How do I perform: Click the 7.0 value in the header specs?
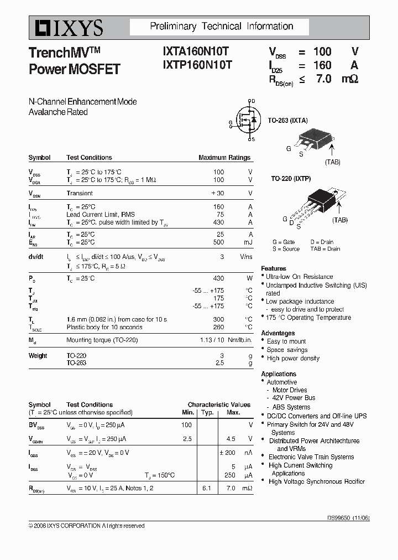pyautogui.click(x=323, y=79)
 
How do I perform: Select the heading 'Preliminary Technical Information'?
pyautogui.click(x=222, y=27)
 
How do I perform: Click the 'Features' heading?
pyautogui.click(x=274, y=268)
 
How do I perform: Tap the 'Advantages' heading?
pyautogui.click(x=277, y=333)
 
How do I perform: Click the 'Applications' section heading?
pyautogui.click(x=279, y=374)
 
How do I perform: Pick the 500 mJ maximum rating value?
pyautogui.click(x=218, y=242)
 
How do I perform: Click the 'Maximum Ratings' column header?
pyautogui.click(x=224, y=158)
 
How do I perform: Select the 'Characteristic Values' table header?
pyautogui.click(x=219, y=405)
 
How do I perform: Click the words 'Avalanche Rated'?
pyautogui.click(x=58, y=112)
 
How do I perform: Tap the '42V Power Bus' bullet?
pyautogui.click(x=294, y=398)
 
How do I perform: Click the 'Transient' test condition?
pyautogui.click(x=80, y=193)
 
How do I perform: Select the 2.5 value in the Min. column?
pyautogui.click(x=187, y=439)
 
